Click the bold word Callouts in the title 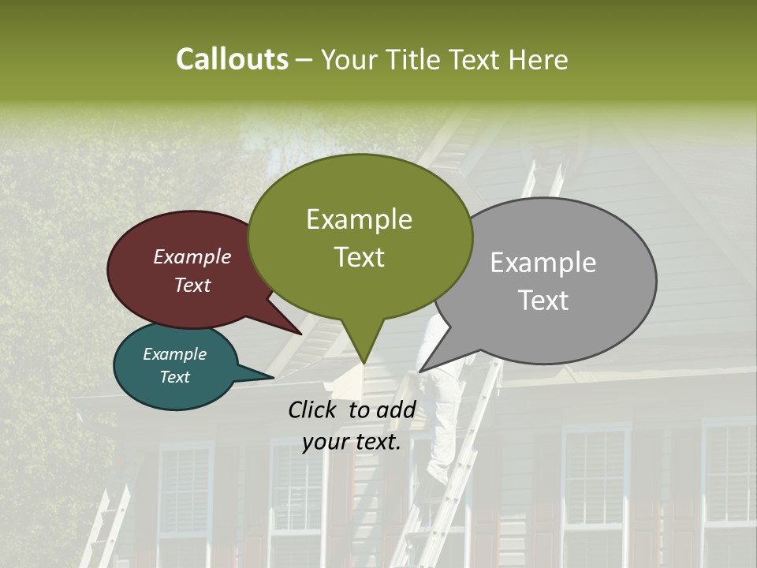click(x=232, y=59)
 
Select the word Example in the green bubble click(x=359, y=219)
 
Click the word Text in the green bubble click(x=359, y=256)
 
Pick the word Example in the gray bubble click(x=543, y=263)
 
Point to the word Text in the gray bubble click(x=544, y=300)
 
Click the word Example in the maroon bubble click(x=192, y=256)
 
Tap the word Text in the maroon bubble click(x=192, y=285)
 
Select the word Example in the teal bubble click(x=174, y=354)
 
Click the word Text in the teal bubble click(x=175, y=377)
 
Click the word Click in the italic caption click(x=314, y=409)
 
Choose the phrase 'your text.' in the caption click(x=352, y=442)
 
